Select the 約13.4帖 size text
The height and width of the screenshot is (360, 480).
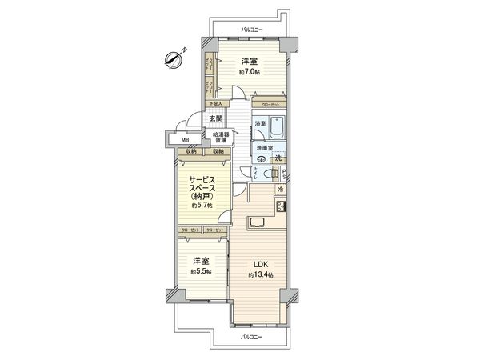(261, 274)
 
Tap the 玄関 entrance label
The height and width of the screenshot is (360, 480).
(216, 119)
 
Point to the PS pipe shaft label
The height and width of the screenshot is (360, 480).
(283, 172)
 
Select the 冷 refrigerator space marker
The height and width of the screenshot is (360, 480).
(280, 189)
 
